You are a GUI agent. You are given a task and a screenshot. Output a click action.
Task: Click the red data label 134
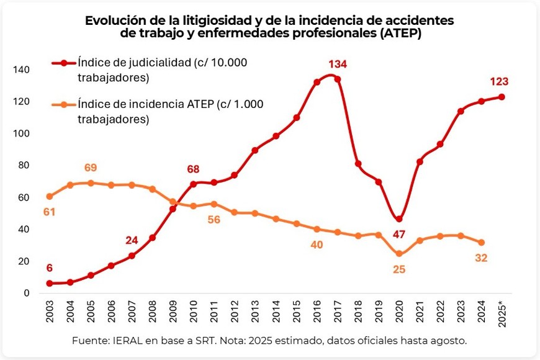(x=338, y=64)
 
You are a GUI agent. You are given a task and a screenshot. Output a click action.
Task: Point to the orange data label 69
(x=91, y=168)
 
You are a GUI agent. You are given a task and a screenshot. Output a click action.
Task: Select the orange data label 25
(x=399, y=271)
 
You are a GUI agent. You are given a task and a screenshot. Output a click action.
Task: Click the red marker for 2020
(x=399, y=219)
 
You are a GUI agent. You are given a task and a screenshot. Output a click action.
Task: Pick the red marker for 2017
(x=338, y=79)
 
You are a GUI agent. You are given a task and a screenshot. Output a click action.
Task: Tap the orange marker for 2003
(x=50, y=196)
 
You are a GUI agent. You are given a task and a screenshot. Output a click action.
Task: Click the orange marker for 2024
(x=481, y=242)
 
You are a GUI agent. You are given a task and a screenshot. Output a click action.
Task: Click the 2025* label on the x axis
(x=502, y=317)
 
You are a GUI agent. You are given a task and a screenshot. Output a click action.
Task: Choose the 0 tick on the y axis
(x=26, y=293)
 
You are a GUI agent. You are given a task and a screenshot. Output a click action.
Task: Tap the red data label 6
(x=50, y=268)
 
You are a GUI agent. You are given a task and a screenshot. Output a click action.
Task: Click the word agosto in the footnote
(x=448, y=341)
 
